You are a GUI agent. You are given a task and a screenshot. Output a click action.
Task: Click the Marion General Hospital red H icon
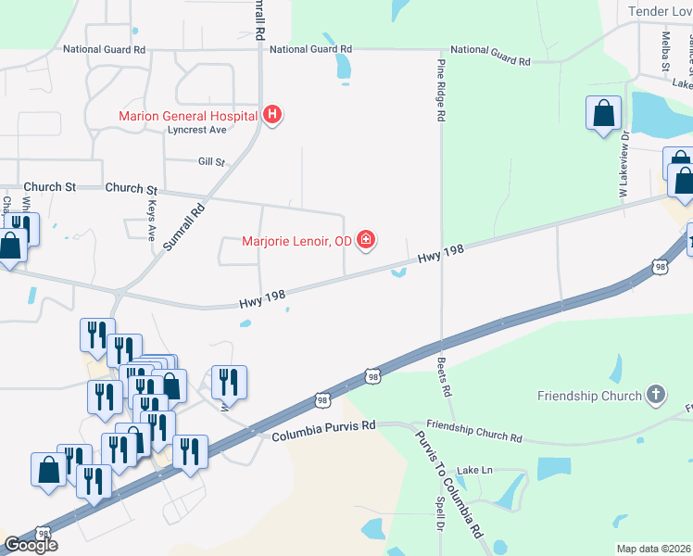[x=272, y=116]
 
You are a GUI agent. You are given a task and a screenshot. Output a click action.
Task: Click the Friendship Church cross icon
[x=655, y=396]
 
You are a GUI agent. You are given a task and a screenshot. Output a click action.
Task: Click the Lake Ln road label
[x=474, y=470]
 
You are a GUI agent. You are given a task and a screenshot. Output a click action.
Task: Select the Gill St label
[x=211, y=161]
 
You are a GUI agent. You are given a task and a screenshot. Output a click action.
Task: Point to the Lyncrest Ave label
[x=196, y=130]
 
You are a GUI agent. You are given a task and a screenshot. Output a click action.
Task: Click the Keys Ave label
[x=151, y=220]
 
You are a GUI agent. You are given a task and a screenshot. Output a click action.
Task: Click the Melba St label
[x=665, y=51]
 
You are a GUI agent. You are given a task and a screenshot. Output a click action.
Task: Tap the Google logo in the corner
[x=31, y=545]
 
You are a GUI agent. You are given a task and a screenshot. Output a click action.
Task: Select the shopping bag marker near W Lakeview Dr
[x=603, y=114]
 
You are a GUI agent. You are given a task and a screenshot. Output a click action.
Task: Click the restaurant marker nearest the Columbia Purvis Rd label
[x=229, y=381]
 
